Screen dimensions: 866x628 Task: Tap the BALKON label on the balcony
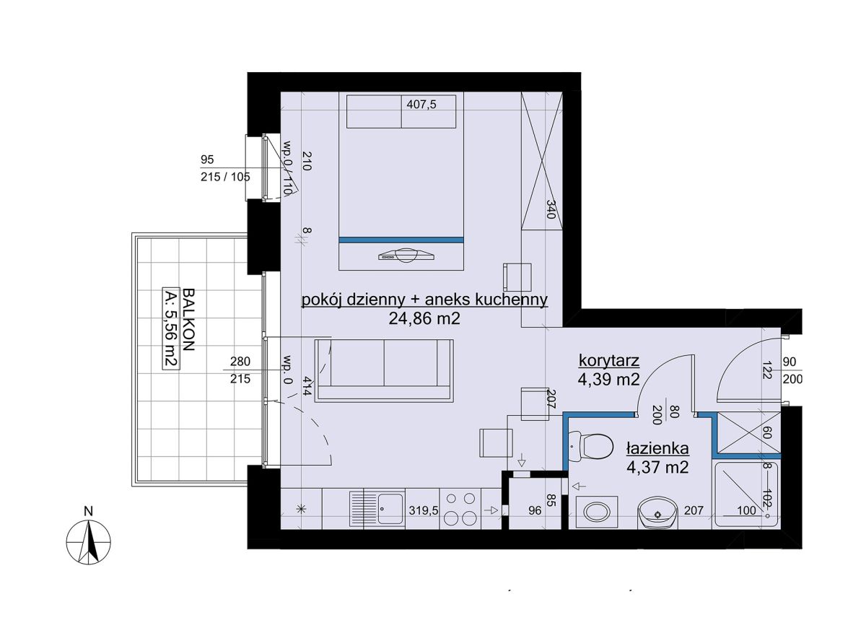[188, 319]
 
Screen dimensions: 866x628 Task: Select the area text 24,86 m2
[424, 318]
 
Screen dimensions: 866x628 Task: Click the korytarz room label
[609, 360]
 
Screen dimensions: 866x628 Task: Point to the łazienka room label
[657, 448]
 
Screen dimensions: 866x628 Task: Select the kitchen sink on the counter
[377, 509]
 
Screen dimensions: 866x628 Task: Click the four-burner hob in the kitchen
[460, 509]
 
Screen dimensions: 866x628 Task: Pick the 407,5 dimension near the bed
[421, 105]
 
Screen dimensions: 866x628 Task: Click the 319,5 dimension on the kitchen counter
[424, 511]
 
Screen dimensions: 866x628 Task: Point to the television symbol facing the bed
[406, 256]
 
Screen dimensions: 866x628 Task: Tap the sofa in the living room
[384, 370]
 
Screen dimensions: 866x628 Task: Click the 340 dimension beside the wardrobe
[551, 209]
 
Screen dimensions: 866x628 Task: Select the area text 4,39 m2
[609, 380]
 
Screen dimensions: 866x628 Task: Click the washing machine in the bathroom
[597, 512]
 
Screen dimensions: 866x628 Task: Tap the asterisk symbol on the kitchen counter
[301, 509]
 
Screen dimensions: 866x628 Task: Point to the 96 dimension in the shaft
[535, 511]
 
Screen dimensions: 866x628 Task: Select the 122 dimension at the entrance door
[768, 370]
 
